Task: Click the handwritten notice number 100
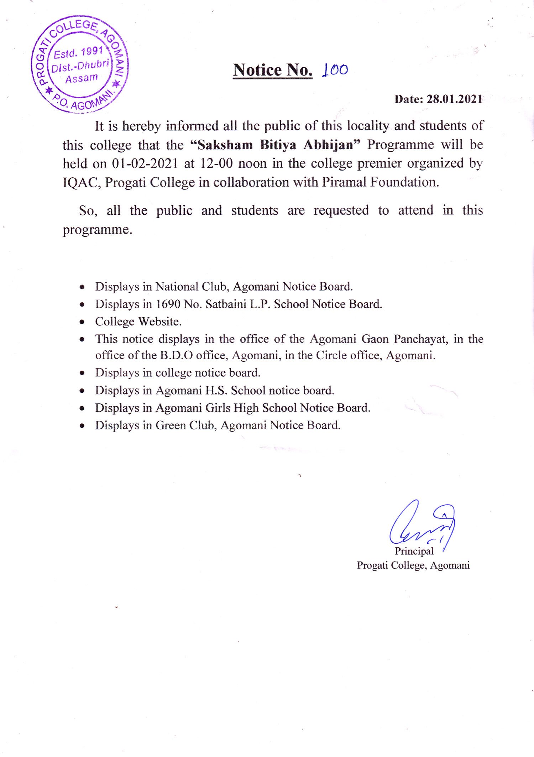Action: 335,70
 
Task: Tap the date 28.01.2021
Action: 455,99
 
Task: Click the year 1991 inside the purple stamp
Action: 92,51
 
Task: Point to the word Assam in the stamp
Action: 81,78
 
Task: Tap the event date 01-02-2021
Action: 145,163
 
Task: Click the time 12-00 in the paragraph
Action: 216,163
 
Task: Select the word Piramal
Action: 344,182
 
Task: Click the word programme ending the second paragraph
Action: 97,230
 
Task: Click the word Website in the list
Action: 160,322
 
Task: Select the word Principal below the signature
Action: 414,551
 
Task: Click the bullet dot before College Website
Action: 82,322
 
